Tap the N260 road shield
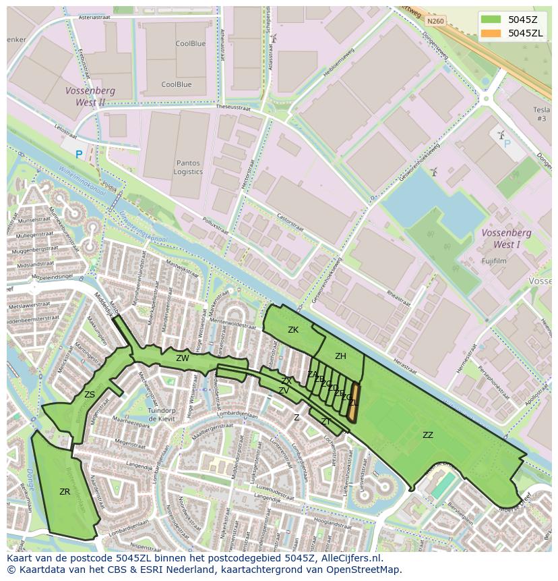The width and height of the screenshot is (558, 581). tap(435, 21)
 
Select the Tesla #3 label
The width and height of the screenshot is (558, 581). tap(541, 114)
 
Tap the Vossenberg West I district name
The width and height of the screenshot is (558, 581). tap(507, 238)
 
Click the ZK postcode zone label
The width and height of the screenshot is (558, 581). tap(293, 330)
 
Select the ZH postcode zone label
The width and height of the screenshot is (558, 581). tap(340, 356)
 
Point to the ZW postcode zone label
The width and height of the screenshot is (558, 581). tap(183, 358)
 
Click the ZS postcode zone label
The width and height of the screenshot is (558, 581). tap(90, 395)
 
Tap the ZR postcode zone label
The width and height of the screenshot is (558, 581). tap(65, 492)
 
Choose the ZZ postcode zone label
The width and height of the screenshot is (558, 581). tap(428, 435)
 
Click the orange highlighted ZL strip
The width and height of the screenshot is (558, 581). tap(354, 403)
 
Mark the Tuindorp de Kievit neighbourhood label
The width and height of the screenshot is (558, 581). tap(162, 414)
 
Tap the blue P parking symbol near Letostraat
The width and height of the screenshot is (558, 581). tap(79, 155)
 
